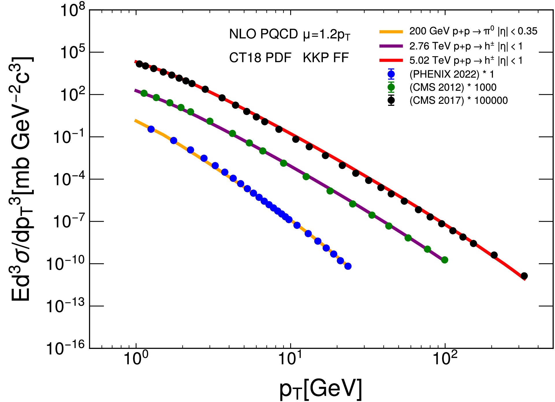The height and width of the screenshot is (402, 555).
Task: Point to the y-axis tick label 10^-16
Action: coord(66,348)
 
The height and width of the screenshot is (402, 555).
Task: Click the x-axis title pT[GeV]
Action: coord(321,389)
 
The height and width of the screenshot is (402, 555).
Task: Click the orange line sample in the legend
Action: coord(391,32)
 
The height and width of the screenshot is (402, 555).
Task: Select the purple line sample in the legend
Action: coord(391,46)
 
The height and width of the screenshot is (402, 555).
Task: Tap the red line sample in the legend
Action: coord(391,60)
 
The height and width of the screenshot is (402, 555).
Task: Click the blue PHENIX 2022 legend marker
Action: coord(391,74)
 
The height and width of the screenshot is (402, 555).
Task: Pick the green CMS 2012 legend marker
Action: coord(391,87)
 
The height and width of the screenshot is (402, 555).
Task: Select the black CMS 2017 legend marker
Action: coord(391,100)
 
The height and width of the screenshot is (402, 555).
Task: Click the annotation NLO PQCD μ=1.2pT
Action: coord(289,35)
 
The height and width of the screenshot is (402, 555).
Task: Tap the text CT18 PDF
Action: coord(260,58)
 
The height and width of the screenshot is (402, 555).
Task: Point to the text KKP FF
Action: coord(326,58)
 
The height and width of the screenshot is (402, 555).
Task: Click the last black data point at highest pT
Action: coord(524,276)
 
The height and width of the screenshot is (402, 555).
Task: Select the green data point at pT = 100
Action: coord(445,260)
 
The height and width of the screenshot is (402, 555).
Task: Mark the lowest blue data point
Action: coord(348,266)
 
